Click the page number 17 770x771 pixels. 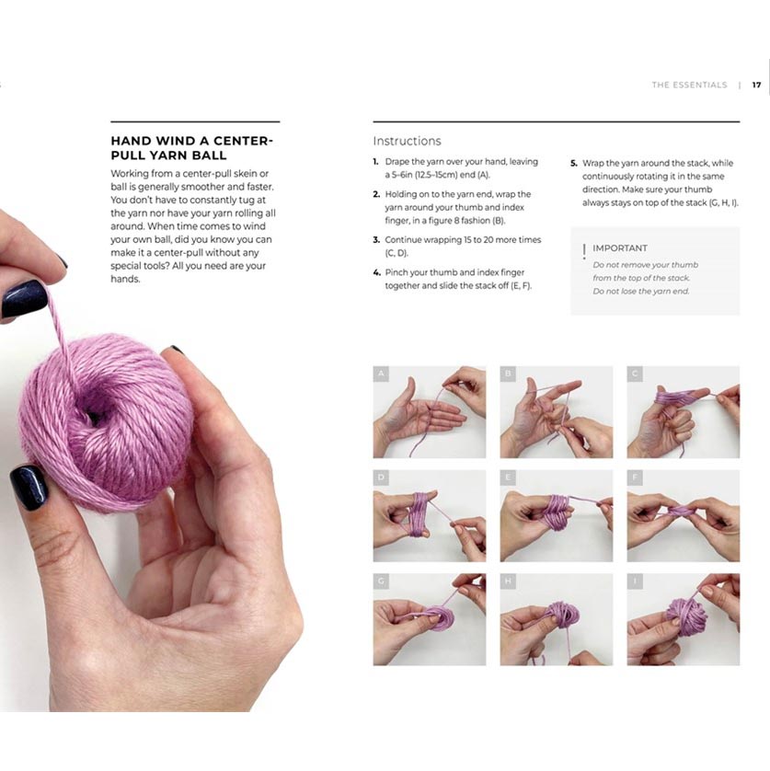pyautogui.click(x=756, y=85)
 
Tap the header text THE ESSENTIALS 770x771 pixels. pyautogui.click(x=689, y=85)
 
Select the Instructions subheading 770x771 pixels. pyautogui.click(x=407, y=141)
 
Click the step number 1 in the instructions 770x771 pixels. pyautogui.click(x=376, y=162)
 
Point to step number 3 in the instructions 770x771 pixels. pyautogui.click(x=376, y=240)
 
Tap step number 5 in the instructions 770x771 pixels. pyautogui.click(x=573, y=162)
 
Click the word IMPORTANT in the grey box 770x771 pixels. pyautogui.click(x=619, y=248)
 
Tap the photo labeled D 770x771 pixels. pyautogui.click(x=429, y=515)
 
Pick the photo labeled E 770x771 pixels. pyautogui.click(x=556, y=515)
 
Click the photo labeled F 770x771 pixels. pyautogui.click(x=683, y=515)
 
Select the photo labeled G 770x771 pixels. pyautogui.click(x=429, y=619)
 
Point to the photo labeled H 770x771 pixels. pyautogui.click(x=556, y=619)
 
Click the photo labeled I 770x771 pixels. pyautogui.click(x=683, y=619)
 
